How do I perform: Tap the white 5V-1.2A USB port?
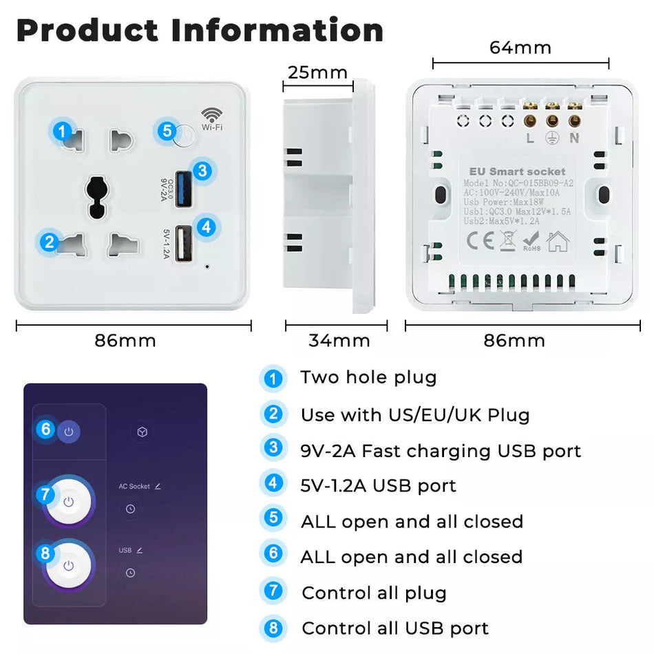point(184,244)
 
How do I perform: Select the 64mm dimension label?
point(520,48)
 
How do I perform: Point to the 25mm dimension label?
point(317,72)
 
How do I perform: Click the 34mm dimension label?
point(339,340)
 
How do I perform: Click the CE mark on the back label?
point(479,241)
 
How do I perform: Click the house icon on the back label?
point(558,241)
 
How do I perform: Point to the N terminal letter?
point(573,138)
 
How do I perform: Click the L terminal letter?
point(529,138)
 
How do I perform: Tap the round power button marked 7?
point(68,502)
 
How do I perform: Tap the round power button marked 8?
point(68,565)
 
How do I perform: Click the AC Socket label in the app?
point(134,486)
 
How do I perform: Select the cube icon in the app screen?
point(141,432)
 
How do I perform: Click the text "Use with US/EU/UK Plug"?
point(415,415)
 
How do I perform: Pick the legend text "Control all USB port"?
point(395,629)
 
